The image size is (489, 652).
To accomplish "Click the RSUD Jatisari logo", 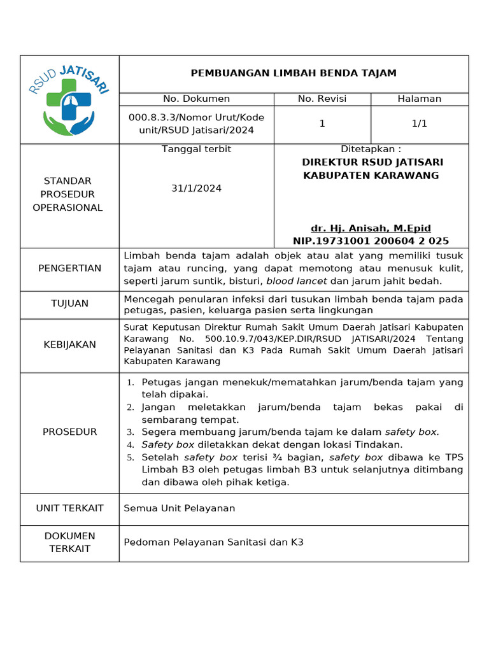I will (x=69, y=99).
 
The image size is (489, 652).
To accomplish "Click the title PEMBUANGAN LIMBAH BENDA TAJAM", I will (x=294, y=73).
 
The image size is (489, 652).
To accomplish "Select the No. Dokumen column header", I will (x=196, y=99).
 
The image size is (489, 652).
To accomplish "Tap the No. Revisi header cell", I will (x=322, y=99).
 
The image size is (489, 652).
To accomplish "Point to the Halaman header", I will (x=419, y=99).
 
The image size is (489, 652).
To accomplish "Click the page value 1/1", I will (x=419, y=124).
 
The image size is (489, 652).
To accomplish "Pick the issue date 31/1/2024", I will (x=196, y=188).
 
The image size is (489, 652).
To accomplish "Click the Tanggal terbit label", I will (x=196, y=149).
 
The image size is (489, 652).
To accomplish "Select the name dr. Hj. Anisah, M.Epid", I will (x=371, y=228).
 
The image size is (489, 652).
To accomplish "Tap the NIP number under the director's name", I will (x=371, y=241).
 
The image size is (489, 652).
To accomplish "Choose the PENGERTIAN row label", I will (x=69, y=268).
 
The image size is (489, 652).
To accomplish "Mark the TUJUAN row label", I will (x=69, y=304).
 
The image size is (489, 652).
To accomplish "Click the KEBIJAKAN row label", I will (x=69, y=344).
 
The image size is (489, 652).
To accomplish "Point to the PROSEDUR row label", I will (x=69, y=432).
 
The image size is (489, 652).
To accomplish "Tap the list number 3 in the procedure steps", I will (x=131, y=432).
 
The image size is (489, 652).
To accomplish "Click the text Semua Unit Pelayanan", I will (x=179, y=508).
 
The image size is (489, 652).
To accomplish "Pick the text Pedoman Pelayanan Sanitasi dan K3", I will (x=213, y=542).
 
